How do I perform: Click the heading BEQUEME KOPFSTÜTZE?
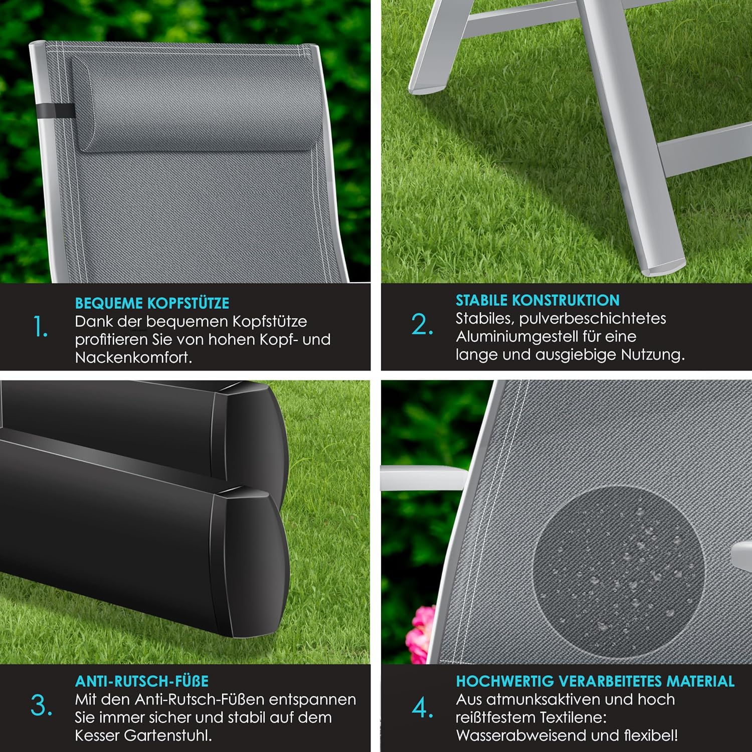(x=152, y=303)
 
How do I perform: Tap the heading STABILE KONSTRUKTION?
(x=537, y=300)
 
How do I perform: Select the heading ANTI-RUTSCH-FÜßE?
(x=142, y=681)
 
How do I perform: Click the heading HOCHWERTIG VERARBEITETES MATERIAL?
(x=595, y=681)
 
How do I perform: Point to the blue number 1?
(x=41, y=327)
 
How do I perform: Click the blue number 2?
(x=422, y=324)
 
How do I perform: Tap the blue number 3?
(x=41, y=705)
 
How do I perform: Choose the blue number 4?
(x=423, y=707)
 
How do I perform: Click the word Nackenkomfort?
(x=134, y=357)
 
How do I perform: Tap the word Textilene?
(x=569, y=717)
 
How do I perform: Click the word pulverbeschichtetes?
(x=593, y=319)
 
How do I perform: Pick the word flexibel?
(x=652, y=735)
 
